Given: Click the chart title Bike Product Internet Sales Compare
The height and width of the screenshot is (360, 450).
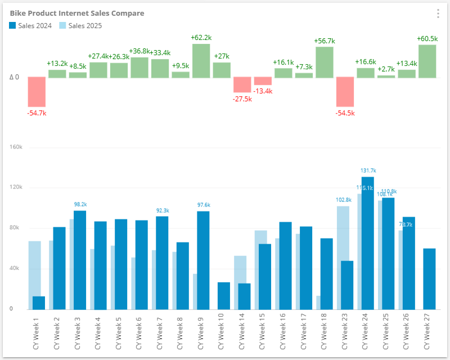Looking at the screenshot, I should tap(77, 13).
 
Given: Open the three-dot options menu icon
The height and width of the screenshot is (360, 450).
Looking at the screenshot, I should tap(438, 14).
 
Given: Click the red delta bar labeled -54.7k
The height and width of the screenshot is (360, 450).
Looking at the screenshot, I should tap(37, 92).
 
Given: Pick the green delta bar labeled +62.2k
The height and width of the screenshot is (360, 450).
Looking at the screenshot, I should tap(201, 61).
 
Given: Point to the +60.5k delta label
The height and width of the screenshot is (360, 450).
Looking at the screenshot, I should tap(427, 38).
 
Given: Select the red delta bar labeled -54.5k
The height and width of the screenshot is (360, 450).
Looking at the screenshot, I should tap(345, 92).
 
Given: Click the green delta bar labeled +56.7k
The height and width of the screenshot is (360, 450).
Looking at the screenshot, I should tap(325, 62).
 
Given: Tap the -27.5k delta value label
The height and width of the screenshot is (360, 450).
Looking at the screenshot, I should tap(242, 99).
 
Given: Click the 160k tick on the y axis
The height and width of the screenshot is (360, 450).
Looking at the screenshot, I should tap(15, 147).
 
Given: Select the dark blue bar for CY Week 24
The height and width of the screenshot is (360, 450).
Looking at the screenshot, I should tap(368, 243).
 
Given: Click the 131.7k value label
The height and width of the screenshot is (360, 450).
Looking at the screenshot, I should tap(368, 170).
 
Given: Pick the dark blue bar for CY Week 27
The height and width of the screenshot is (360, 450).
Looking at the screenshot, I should tap(429, 278).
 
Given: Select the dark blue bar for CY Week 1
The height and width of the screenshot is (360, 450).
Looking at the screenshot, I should tap(39, 303).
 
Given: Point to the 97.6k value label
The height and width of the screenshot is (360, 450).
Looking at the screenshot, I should tap(203, 205).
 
